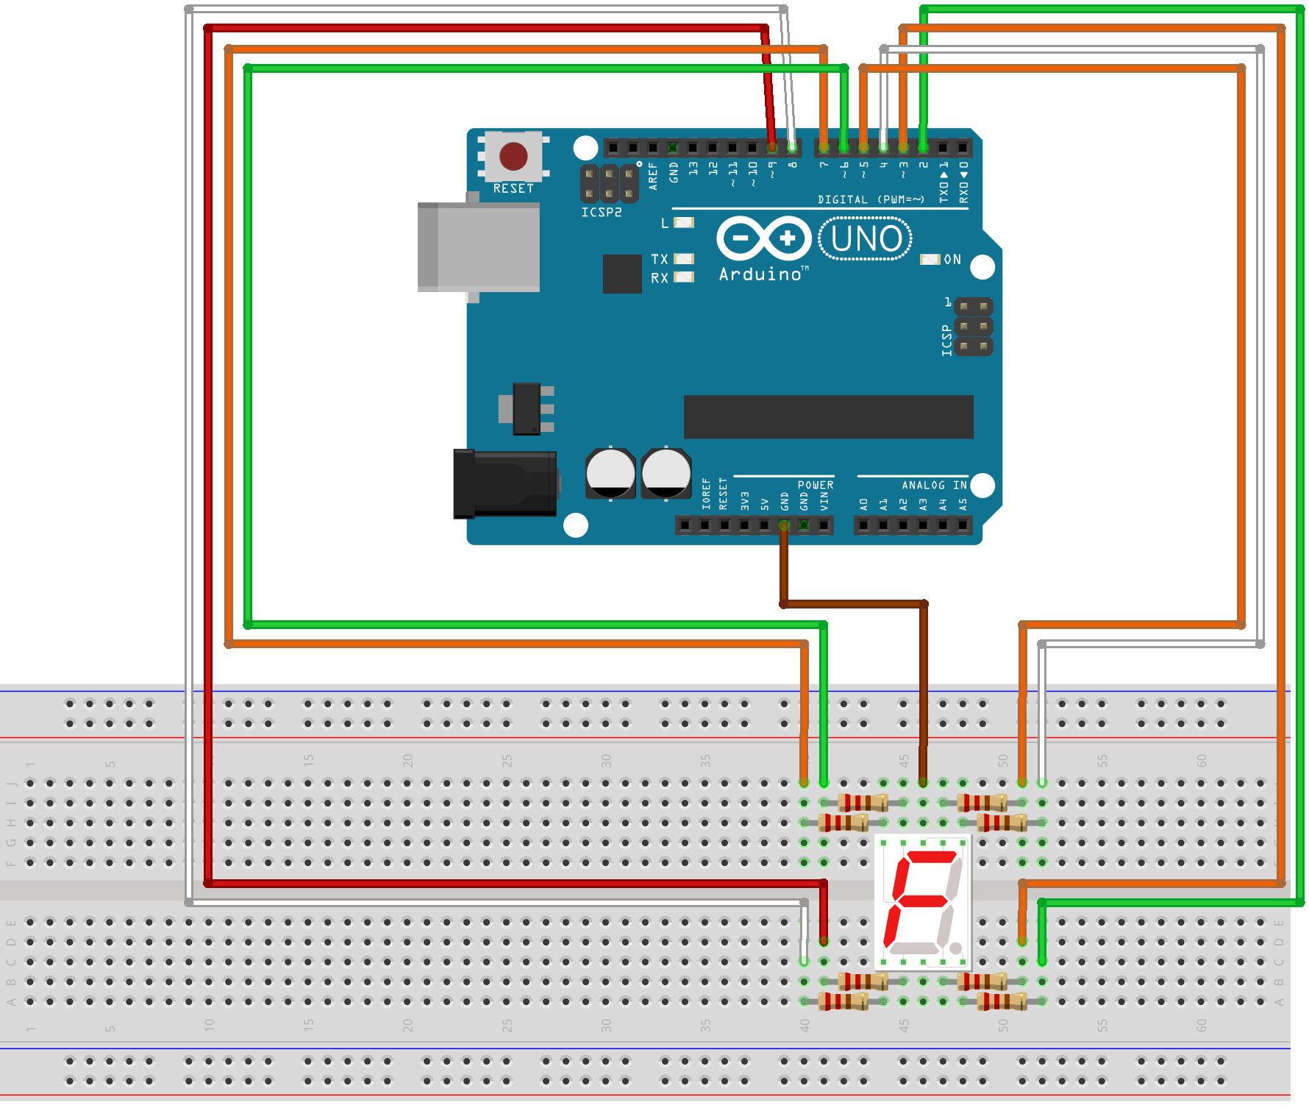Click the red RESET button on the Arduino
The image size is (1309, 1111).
click(x=513, y=156)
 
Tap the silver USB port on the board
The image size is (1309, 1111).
click(x=479, y=247)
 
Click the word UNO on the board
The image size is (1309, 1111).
click(x=866, y=239)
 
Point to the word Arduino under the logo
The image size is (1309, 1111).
click(x=760, y=274)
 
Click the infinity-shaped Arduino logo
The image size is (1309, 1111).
click(x=763, y=238)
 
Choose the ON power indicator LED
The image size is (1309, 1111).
click(x=930, y=260)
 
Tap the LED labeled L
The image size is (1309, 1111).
click(x=684, y=223)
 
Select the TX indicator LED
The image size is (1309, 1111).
click(x=684, y=259)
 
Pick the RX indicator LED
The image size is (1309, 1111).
click(x=684, y=277)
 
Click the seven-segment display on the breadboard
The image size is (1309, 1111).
click(x=923, y=902)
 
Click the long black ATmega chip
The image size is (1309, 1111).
click(x=828, y=416)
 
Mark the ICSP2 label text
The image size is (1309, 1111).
click(x=602, y=213)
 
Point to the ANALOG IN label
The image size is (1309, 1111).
click(x=934, y=486)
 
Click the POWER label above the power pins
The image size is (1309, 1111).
click(x=816, y=486)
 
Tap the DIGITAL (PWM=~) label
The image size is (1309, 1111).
click(x=871, y=199)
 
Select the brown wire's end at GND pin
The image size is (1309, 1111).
click(x=784, y=525)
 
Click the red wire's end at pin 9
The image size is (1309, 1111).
click(x=771, y=147)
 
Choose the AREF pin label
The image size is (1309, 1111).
click(x=653, y=177)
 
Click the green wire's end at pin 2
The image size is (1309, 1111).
click(x=923, y=147)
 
